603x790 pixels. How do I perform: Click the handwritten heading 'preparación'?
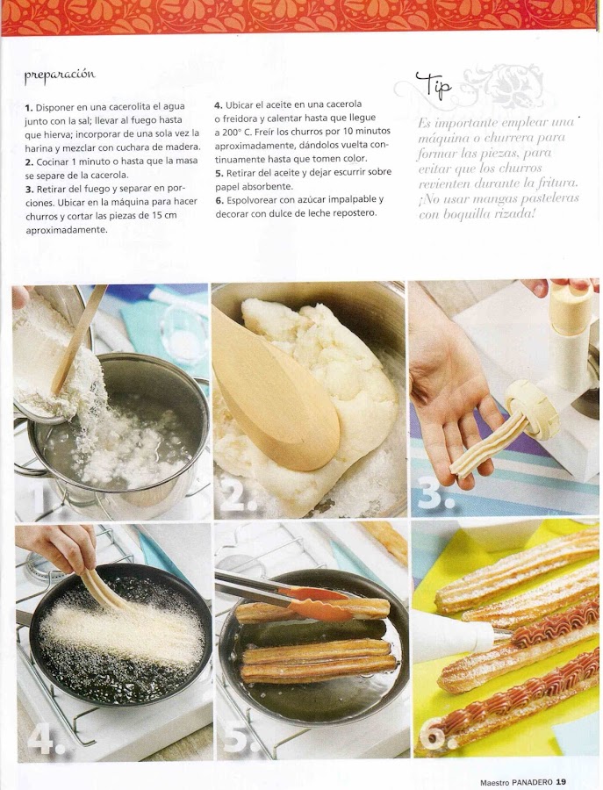(x=60, y=75)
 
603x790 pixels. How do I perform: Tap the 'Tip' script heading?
(x=434, y=85)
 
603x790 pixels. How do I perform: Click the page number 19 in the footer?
(x=561, y=782)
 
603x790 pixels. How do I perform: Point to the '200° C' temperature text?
(x=233, y=133)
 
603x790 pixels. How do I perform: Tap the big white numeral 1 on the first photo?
(x=45, y=496)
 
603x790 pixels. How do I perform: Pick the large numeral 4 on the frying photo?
(x=47, y=738)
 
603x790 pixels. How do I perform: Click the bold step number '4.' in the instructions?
(x=219, y=105)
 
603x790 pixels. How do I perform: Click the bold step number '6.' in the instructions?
(x=219, y=200)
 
